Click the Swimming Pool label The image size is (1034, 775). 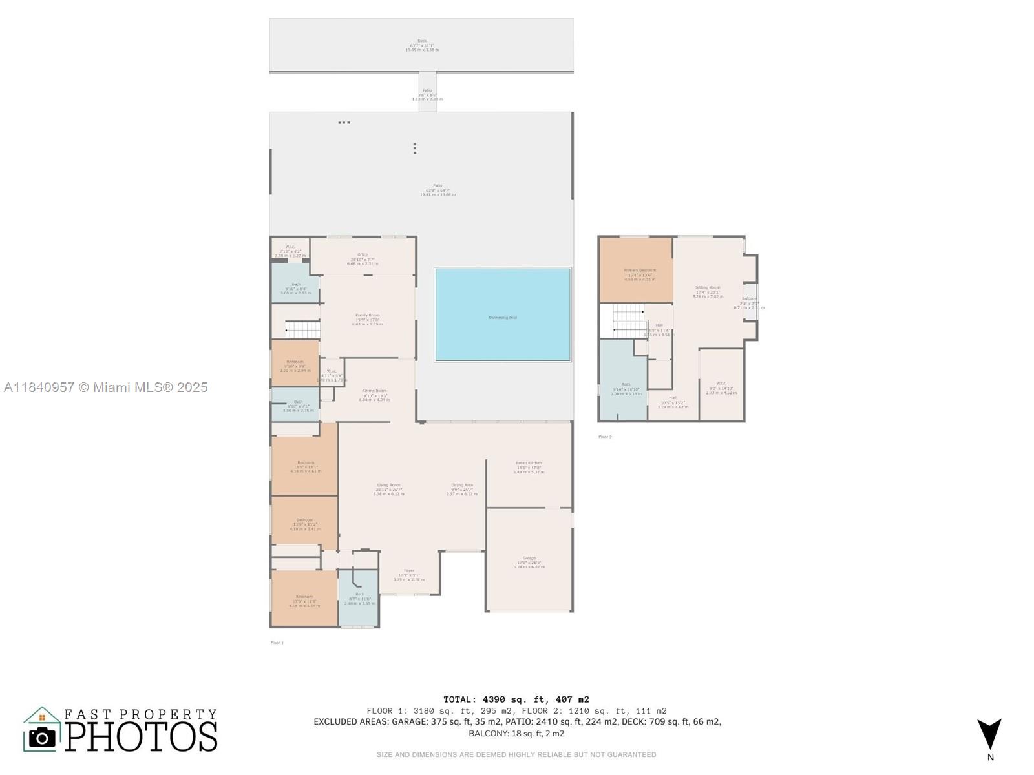pos(503,318)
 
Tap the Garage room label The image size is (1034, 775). pos(529,558)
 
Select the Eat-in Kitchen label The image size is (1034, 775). pos(529,463)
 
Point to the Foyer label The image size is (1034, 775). pos(409,571)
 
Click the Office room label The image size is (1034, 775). pos(363,255)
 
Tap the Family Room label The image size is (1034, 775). pos(367,316)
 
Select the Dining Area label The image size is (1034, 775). pos(462,485)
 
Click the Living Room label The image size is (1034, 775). pos(388,485)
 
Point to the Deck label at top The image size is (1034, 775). pos(422,41)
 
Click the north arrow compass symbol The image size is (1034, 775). pos(989,734)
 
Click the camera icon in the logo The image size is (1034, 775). pos(43,737)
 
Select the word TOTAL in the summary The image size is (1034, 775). pos(459,699)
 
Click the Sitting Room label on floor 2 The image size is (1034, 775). pos(707,287)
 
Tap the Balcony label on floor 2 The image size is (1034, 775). pos(750,299)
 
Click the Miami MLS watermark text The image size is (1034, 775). pos(106,387)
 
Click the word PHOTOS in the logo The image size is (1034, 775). pos(142,737)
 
